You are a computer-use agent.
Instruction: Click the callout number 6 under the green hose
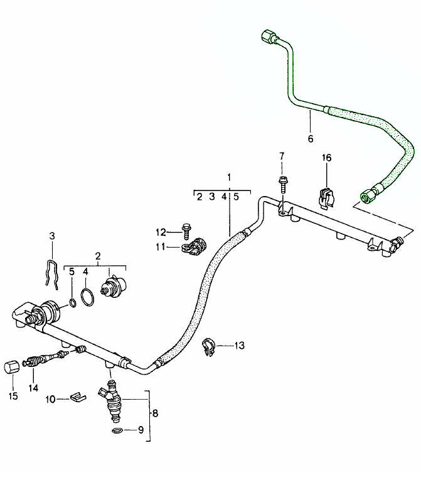(x=310, y=138)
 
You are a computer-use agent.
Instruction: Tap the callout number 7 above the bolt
(x=282, y=156)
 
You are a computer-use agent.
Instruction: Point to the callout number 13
(x=239, y=345)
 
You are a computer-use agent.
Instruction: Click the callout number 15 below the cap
(x=13, y=396)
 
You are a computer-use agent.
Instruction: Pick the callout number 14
(x=33, y=388)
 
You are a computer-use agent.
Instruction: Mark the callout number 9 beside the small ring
(x=141, y=430)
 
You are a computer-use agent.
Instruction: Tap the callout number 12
(x=161, y=232)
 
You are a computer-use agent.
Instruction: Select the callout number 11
(x=161, y=247)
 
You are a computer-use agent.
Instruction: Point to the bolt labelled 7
(x=282, y=185)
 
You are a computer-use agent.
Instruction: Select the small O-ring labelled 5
(x=72, y=305)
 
